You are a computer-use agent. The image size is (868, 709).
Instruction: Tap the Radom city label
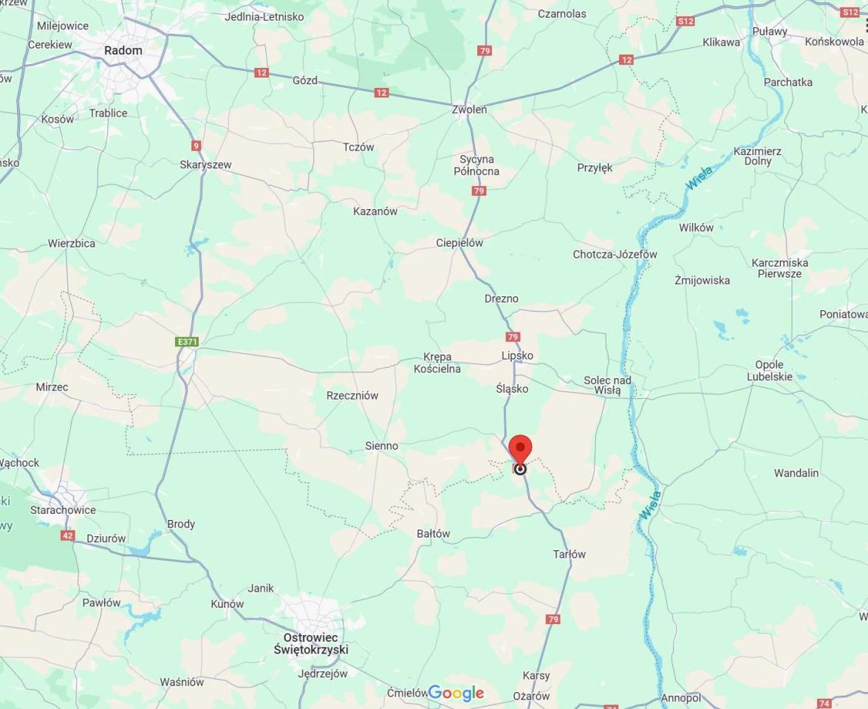coord(123,50)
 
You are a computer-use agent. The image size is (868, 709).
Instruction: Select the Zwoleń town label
coord(469,109)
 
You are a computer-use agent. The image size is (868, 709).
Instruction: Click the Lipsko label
coord(517,355)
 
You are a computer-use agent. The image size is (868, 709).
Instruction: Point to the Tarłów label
coord(570,554)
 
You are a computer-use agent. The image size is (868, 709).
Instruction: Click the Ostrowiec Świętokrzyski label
coord(311,643)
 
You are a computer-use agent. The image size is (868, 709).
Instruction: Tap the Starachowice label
coord(63,510)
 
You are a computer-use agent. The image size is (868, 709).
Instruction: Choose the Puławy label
coord(770,31)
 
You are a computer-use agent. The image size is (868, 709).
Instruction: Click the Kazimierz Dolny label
coord(758,156)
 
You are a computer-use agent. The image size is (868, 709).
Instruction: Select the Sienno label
coord(382,445)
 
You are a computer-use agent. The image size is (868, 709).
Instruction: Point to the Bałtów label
coord(433,533)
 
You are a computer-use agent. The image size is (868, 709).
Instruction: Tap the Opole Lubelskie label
coord(769,371)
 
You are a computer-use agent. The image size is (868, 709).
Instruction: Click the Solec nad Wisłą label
coord(607,385)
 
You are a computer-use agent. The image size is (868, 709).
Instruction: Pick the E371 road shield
coord(188,342)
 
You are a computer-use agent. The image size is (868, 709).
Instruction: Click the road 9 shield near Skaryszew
coord(196,145)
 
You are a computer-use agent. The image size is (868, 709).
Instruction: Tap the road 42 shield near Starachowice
coord(68,535)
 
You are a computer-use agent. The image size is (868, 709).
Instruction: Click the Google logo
coord(456,693)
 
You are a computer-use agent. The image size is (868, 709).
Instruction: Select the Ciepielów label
coord(459,242)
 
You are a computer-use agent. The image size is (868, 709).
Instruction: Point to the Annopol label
coord(681,697)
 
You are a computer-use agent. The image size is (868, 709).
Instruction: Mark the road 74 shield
coord(824,704)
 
